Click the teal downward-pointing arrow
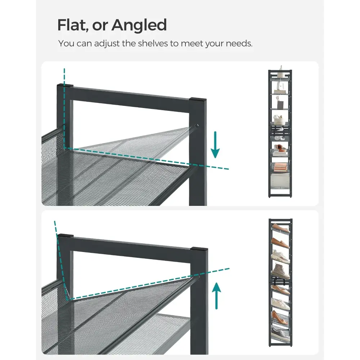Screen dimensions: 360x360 [215, 145]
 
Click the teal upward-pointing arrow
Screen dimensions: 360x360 [216, 296]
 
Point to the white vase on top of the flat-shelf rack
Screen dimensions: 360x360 [280, 71]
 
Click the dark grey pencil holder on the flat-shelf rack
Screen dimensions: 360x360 [280, 105]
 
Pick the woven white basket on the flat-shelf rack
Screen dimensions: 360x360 [279, 120]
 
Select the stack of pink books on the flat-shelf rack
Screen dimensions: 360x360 [280, 167]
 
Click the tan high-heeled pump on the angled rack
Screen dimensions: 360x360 [279, 318]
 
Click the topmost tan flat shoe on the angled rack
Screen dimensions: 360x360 [280, 227]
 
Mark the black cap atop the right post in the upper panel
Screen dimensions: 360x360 [198, 100]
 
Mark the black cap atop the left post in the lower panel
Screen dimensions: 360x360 [65, 236]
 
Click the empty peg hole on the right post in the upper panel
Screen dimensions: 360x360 [197, 126]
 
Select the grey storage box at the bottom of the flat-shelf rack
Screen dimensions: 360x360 [280, 180]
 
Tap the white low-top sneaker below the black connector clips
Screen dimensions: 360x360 [280, 304]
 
